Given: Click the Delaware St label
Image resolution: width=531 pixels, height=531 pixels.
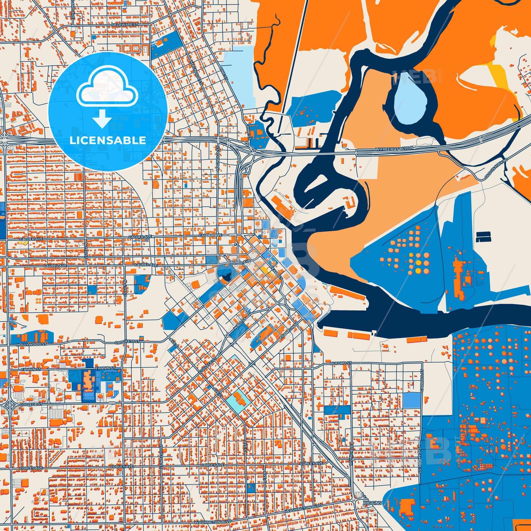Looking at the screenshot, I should [125, 25].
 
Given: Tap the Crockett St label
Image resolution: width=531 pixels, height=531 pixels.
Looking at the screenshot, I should [127, 342].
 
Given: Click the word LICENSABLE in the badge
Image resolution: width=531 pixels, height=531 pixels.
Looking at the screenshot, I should [108, 140].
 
